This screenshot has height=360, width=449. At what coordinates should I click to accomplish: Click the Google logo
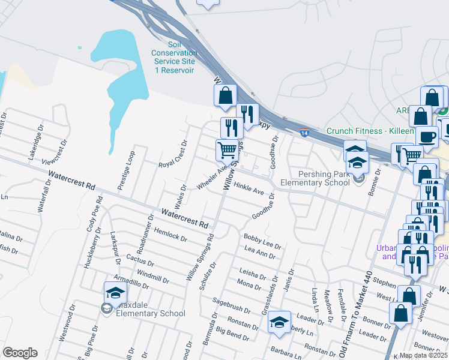coord(20,353)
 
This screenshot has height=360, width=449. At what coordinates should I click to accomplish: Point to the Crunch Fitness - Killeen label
coord(370,131)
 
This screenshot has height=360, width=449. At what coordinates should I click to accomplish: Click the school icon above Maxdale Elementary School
coord(115,292)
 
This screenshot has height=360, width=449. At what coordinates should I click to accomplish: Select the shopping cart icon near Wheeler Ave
coord(228,150)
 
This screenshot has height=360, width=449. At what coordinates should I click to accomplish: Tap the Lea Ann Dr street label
coord(260,252)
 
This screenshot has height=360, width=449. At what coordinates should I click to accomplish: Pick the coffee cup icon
coord(426,137)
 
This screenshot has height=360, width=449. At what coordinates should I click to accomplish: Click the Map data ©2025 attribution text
coord(423,355)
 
